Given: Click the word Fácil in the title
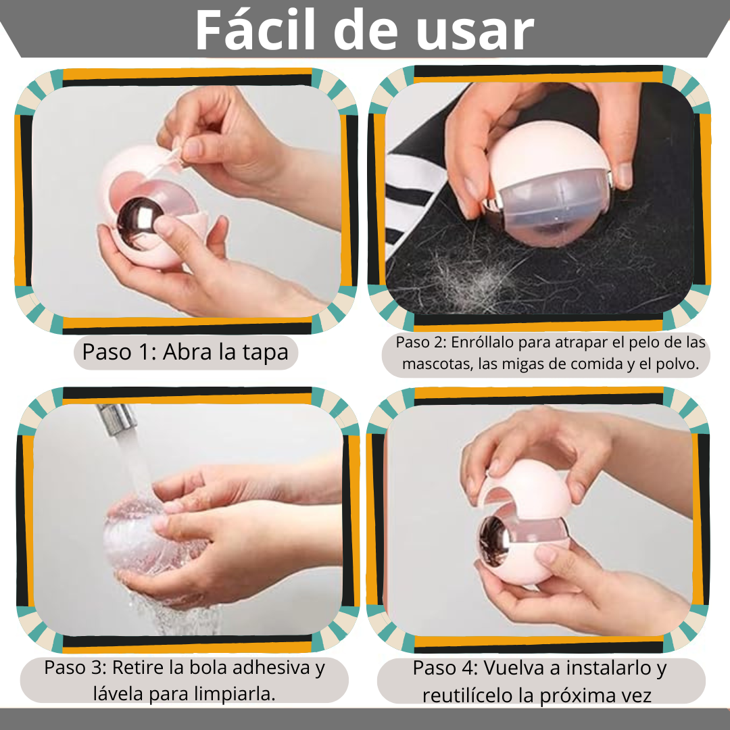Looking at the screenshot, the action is pos(255,30).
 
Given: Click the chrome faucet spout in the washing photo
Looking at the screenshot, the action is pos(116,418).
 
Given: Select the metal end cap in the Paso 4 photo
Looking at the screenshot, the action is pos(493,540).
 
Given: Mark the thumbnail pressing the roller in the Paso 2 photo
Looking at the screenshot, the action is pos(625,174).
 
